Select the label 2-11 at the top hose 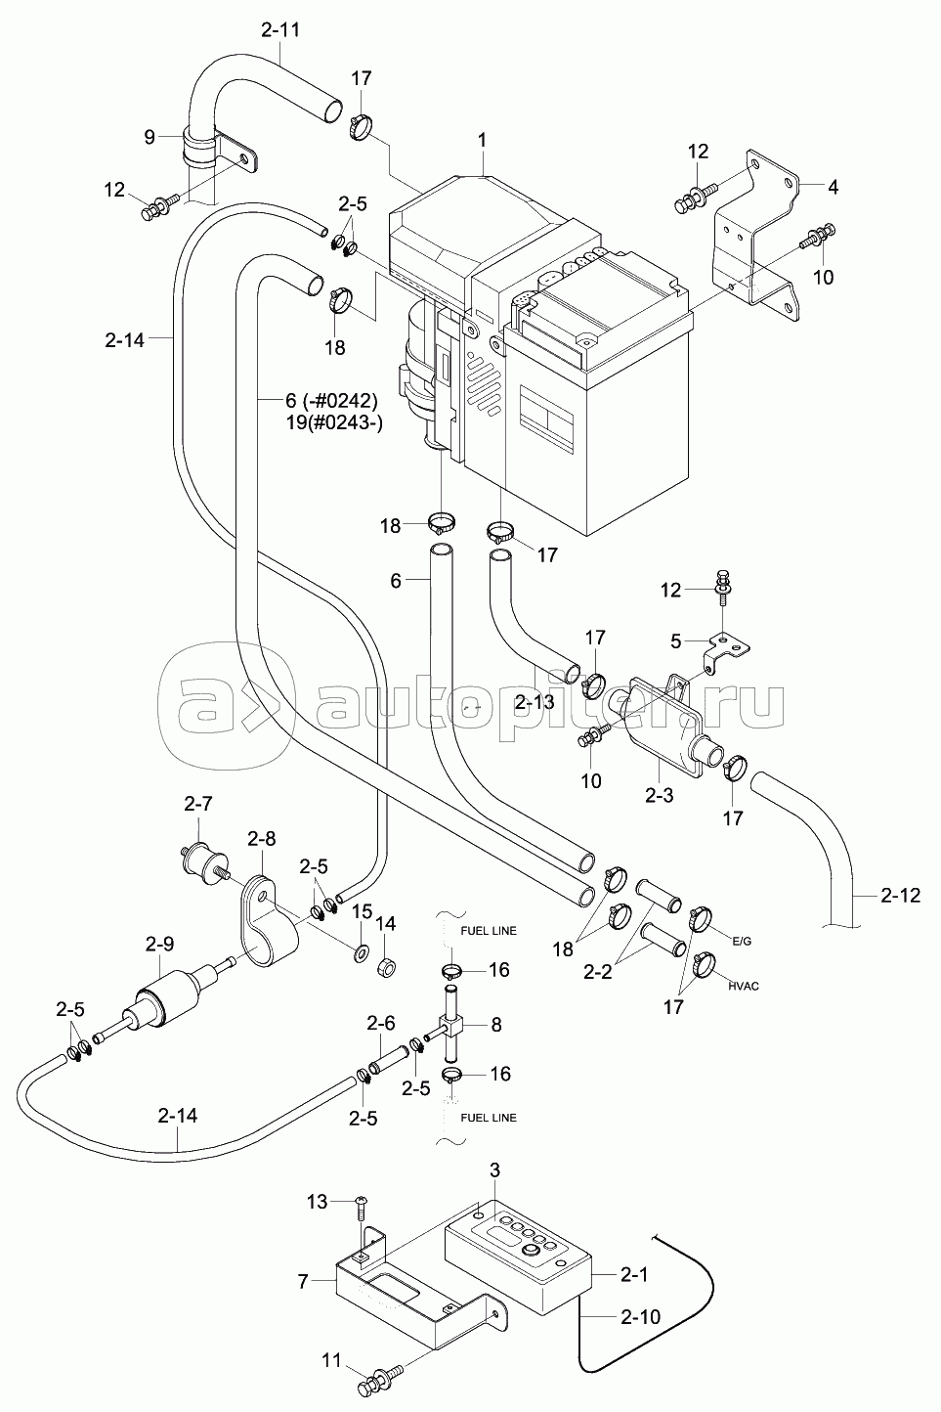click(x=280, y=29)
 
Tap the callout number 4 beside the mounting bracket click(x=832, y=186)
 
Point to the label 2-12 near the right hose click(x=900, y=895)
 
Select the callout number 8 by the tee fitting click(x=495, y=1025)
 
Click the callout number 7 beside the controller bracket click(x=304, y=1281)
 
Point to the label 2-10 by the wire click(x=640, y=1317)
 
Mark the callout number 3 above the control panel click(x=494, y=1169)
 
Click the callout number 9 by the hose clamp click(x=150, y=137)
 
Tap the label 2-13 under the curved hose click(x=535, y=702)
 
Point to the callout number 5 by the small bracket click(x=676, y=641)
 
